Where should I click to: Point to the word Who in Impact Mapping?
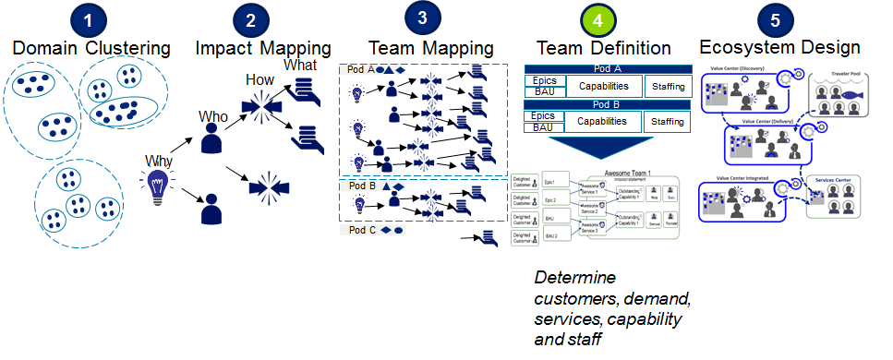(x=213, y=117)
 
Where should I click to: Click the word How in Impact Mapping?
(x=259, y=80)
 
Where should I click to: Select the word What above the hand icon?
(x=300, y=66)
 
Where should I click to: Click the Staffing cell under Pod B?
(x=667, y=122)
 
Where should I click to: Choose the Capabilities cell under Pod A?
(x=603, y=87)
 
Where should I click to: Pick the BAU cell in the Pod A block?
(x=545, y=92)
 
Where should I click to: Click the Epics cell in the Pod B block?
(x=545, y=115)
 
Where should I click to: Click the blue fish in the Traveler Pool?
(x=851, y=94)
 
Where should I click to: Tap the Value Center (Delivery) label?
(x=762, y=122)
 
